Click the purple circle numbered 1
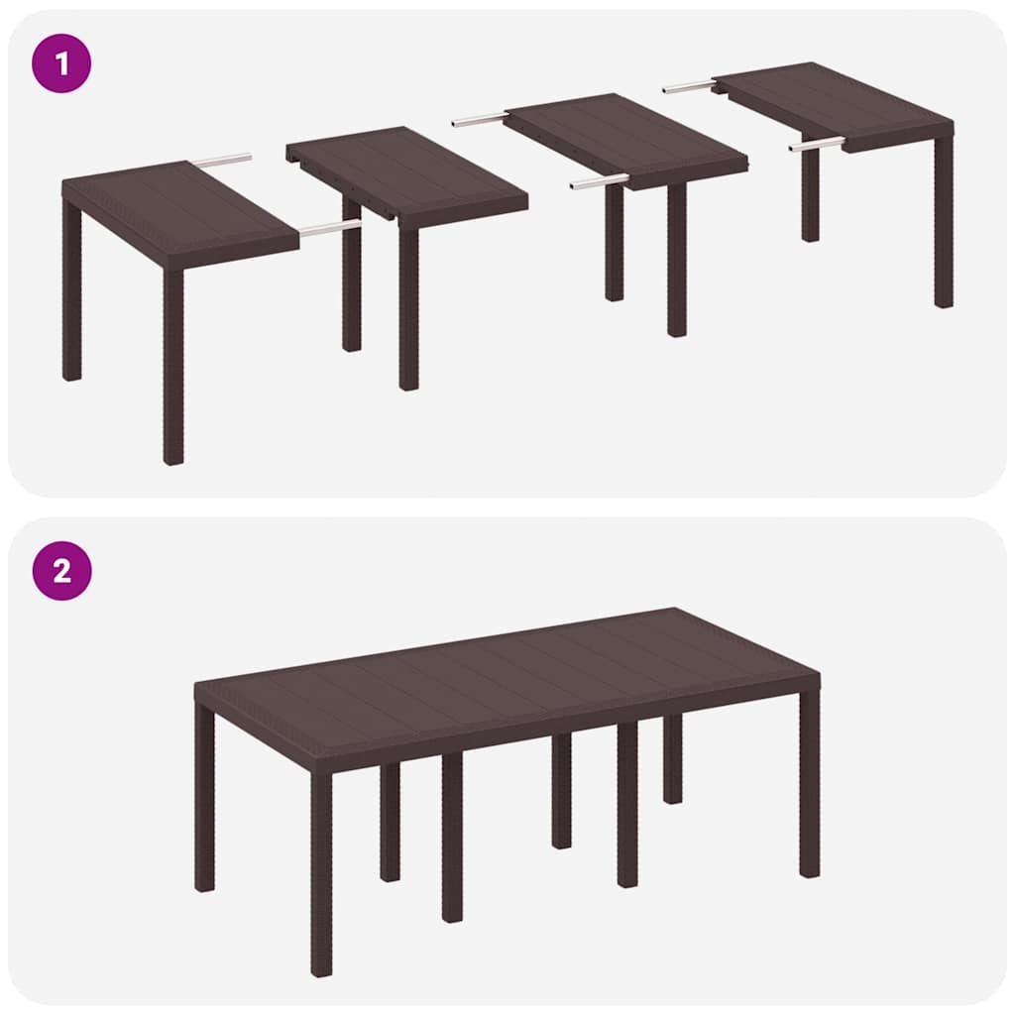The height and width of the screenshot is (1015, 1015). pos(61,62)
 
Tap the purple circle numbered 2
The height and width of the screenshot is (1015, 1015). pos(61,570)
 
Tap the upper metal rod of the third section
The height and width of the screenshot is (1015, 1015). pos(479,121)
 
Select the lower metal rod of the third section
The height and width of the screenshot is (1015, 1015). pos(599,182)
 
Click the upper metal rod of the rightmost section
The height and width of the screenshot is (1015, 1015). pos(688,87)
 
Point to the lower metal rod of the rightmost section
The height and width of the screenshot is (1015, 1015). pos(817,145)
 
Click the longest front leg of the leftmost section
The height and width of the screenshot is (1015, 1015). pos(173,367)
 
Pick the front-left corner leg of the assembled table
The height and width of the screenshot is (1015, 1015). pos(321,872)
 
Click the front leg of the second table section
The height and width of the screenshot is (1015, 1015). pos(408,307)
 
